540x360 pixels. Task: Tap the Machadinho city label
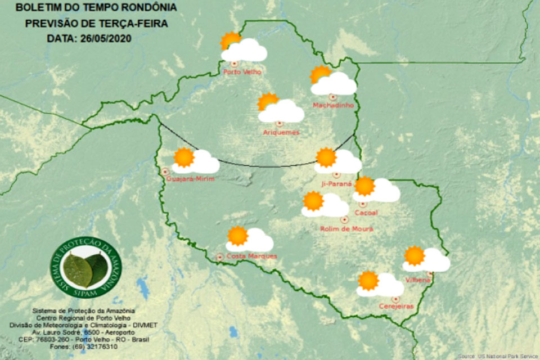333,105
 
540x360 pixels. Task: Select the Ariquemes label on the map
281,132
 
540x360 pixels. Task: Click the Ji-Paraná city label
336,183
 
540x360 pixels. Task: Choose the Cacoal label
366,213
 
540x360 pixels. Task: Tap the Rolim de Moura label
346,228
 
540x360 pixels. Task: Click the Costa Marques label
252,256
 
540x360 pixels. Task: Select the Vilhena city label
417,280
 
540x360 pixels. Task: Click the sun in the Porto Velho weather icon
230,41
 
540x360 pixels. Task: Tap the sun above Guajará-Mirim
183,157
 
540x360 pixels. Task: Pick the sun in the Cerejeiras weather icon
368,280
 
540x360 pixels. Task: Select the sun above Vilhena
414,255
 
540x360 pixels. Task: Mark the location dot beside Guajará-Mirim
165,171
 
